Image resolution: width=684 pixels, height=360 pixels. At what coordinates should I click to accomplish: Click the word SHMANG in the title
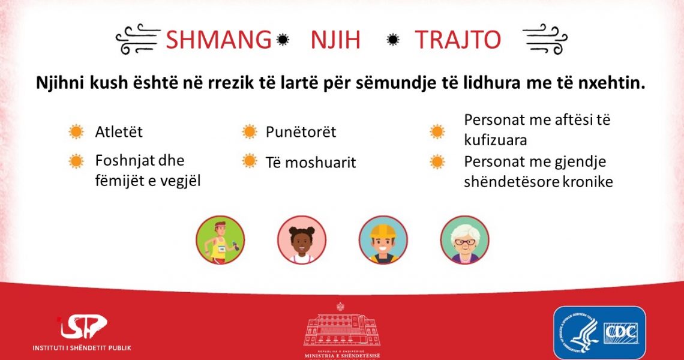[x=218, y=40]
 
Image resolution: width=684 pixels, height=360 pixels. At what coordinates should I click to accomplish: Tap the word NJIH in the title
[x=335, y=40]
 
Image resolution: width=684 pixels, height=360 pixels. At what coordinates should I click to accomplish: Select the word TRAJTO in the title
[x=458, y=40]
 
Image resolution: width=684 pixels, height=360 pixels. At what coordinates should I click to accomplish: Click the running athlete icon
[x=220, y=240]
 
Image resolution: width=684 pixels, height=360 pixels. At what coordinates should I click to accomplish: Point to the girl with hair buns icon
[x=302, y=240]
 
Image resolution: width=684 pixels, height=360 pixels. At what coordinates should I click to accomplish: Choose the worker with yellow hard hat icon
[x=383, y=240]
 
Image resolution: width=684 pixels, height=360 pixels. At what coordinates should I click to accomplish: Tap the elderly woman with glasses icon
[x=464, y=240]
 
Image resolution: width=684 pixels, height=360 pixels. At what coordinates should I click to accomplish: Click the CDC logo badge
[x=599, y=332]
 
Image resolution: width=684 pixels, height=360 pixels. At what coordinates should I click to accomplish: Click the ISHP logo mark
[x=83, y=326]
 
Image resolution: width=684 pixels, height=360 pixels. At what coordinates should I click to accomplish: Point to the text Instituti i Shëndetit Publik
[x=82, y=348]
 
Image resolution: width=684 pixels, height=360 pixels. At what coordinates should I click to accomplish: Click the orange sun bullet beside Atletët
[x=76, y=131]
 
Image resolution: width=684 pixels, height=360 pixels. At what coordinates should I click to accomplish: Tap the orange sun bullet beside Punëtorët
[x=250, y=131]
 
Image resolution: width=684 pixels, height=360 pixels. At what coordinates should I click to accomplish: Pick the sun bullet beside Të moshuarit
[x=250, y=161]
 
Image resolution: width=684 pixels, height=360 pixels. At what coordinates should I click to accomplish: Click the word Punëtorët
[x=301, y=132]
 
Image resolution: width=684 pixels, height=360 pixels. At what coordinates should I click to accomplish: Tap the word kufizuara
[x=496, y=140]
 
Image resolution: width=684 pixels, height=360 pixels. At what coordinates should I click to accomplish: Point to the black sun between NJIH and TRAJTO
[x=393, y=40]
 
